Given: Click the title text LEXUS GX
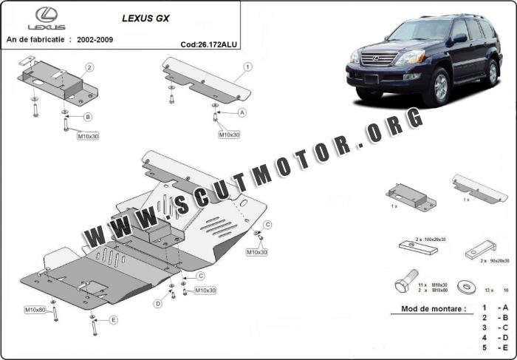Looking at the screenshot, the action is click(145, 18).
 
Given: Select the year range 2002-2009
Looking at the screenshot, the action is click(95, 40).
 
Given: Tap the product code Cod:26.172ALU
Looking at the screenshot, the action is click(209, 44).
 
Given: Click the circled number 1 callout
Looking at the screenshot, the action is click(247, 67).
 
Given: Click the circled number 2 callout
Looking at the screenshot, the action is click(89, 68).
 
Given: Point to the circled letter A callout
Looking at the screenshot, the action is click(242, 113).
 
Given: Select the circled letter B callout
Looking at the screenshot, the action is click(88, 117).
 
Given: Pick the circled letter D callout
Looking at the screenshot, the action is click(158, 304).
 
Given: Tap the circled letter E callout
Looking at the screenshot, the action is click(113, 320).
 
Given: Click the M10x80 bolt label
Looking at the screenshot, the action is click(35, 310).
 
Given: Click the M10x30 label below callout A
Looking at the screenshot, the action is click(230, 135).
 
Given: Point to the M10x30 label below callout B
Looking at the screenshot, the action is click(88, 136).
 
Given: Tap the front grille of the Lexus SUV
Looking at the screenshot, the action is click(380, 58).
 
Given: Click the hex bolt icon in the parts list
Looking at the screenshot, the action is click(406, 281).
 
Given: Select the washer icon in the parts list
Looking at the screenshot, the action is click(467, 286).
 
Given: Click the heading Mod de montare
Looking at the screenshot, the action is click(434, 309).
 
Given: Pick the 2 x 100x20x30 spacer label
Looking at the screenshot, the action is click(431, 240).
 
